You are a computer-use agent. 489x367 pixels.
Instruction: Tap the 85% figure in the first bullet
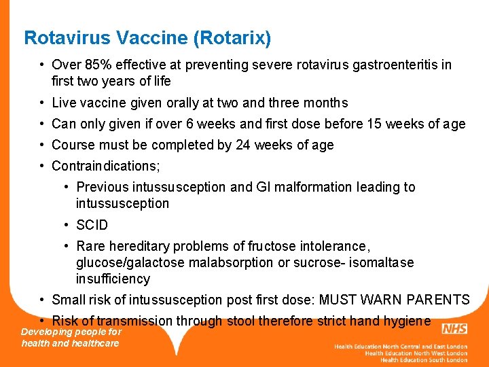(100, 65)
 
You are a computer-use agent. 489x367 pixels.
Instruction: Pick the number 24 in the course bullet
(243, 145)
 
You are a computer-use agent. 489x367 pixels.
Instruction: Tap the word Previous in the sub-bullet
(102, 188)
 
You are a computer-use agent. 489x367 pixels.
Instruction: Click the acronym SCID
(92, 225)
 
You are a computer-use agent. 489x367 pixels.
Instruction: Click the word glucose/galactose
(130, 262)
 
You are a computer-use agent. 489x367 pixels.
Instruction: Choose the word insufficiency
(113, 279)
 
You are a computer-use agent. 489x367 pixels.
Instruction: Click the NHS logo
(454, 330)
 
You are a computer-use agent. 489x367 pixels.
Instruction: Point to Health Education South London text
(424, 360)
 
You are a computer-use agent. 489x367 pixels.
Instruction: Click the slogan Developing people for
(71, 332)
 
